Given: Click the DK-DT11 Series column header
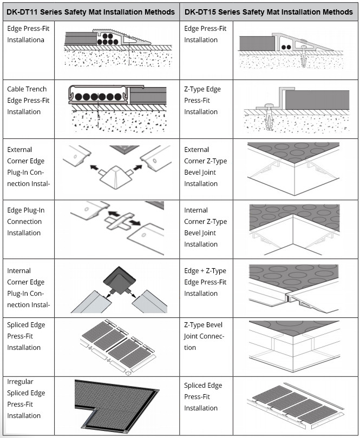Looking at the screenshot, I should click(90, 11).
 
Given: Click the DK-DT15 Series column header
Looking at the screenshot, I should click(269, 11).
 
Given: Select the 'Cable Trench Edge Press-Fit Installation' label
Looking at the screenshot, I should click(27, 100).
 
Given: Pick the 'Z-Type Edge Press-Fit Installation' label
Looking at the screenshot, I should click(202, 100).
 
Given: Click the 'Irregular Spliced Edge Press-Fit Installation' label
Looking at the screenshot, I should click(26, 399).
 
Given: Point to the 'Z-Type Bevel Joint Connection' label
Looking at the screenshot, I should click(204, 336).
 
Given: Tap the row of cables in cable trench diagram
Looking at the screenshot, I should click(99, 96).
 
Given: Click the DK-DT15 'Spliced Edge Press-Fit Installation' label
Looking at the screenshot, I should click(202, 396).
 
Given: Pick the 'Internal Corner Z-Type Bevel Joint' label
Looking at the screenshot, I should click(205, 227).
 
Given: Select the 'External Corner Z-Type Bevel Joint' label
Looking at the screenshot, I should click(205, 167).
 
